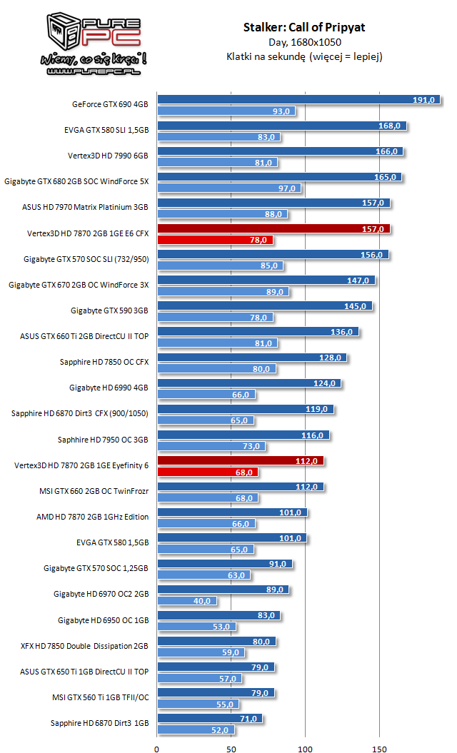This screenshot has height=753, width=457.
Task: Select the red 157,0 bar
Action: pyautogui.click(x=273, y=228)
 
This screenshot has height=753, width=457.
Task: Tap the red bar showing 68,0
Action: pyautogui.click(x=208, y=472)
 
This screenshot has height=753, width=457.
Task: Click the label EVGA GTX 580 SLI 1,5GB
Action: pyautogui.click(x=106, y=130)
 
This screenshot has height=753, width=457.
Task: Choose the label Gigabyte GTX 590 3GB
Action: pyautogui.click(x=109, y=310)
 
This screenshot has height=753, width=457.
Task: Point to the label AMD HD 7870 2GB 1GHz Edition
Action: pyautogui.click(x=92, y=517)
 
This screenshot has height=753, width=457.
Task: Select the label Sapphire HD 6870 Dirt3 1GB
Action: pyautogui.click(x=99, y=723)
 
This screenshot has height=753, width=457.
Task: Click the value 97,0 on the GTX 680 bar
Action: pyautogui.click(x=288, y=188)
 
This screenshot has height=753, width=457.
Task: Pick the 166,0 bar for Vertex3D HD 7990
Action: pyautogui.click(x=280, y=151)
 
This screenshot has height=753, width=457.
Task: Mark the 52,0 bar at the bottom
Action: pyautogui.click(x=196, y=729)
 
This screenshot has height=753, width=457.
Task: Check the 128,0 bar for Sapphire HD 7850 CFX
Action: pyautogui.click(x=252, y=358)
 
